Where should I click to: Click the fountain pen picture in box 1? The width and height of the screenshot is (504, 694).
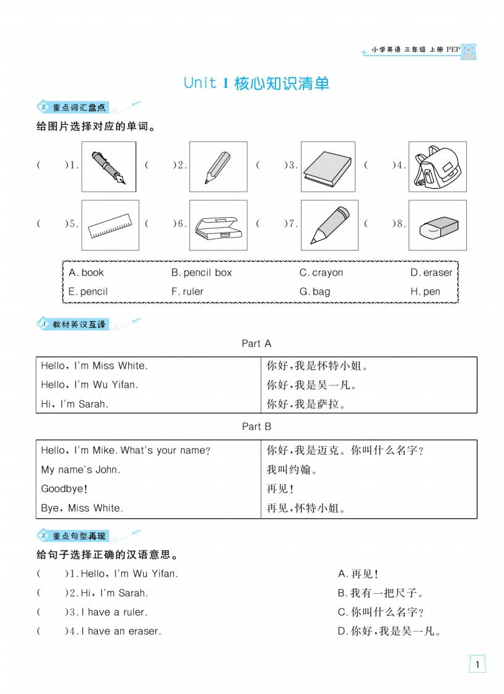pos(109,166)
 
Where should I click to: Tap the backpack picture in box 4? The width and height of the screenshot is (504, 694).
pos(437,166)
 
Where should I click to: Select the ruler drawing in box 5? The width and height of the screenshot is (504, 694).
pos(110,225)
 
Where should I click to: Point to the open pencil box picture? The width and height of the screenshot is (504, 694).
pos(218,225)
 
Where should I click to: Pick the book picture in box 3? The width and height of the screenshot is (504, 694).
pos(328,167)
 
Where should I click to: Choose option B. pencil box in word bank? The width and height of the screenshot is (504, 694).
pos(201,273)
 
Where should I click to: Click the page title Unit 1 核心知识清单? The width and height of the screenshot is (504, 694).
pos(256,84)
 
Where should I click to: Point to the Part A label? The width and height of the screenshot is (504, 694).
pos(256,343)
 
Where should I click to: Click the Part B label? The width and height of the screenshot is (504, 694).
pos(256,426)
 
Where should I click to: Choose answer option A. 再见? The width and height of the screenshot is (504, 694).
pos(358,574)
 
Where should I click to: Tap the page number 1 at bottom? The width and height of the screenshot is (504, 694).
pos(477,665)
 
